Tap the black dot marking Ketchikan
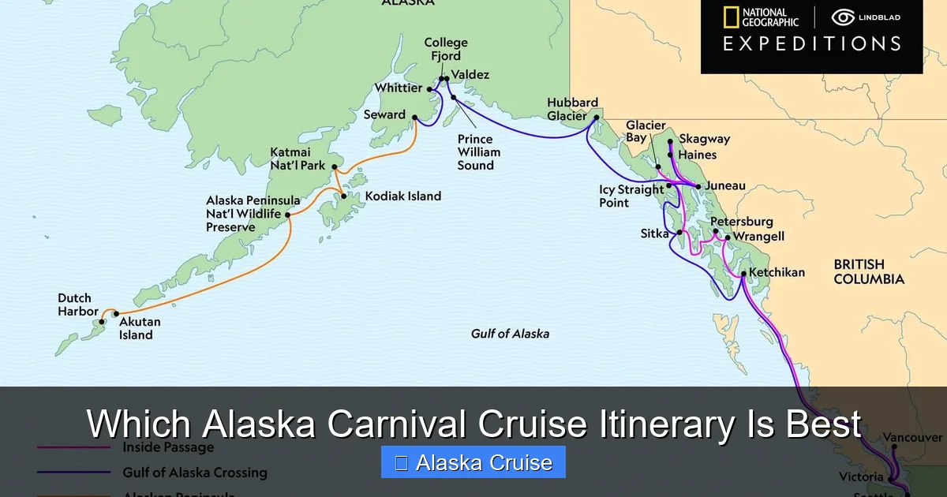pyautogui.click(x=743, y=273)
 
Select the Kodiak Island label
pyautogui.click(x=402, y=196)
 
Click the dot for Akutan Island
pyautogui.click(x=116, y=314)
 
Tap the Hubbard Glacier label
pyautogui.click(x=572, y=109)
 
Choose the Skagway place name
pyautogui.click(x=704, y=139)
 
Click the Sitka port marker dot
pyautogui.click(x=679, y=233)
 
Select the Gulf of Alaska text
pyautogui.click(x=510, y=334)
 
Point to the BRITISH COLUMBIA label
pyautogui.click(x=869, y=271)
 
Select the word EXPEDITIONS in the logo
pyautogui.click(x=811, y=44)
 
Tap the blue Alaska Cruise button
pyautogui.click(x=473, y=462)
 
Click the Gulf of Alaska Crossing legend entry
pyautogui.click(x=194, y=473)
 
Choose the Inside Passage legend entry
pyautogui.click(x=167, y=447)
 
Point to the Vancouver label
pyautogui.click(x=912, y=437)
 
